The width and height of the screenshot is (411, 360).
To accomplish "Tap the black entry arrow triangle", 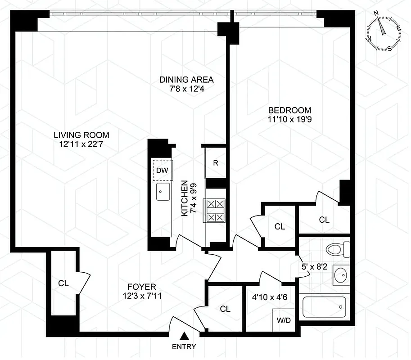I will [x=184, y=336].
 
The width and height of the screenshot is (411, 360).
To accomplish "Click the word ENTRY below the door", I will [x=184, y=346].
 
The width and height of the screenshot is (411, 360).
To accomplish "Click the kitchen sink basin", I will [x=163, y=192].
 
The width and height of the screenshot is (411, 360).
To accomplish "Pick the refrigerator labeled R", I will [x=216, y=162].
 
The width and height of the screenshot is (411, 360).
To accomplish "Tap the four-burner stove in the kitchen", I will [x=215, y=211].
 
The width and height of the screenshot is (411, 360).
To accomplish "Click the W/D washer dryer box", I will [x=283, y=321].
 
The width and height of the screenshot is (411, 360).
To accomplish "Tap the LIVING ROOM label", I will [x=81, y=135].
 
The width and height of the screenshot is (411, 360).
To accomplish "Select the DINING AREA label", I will [x=186, y=80].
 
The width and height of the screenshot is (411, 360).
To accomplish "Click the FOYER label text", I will [x=141, y=286].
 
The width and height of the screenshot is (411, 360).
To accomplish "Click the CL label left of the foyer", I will [x=63, y=283].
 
